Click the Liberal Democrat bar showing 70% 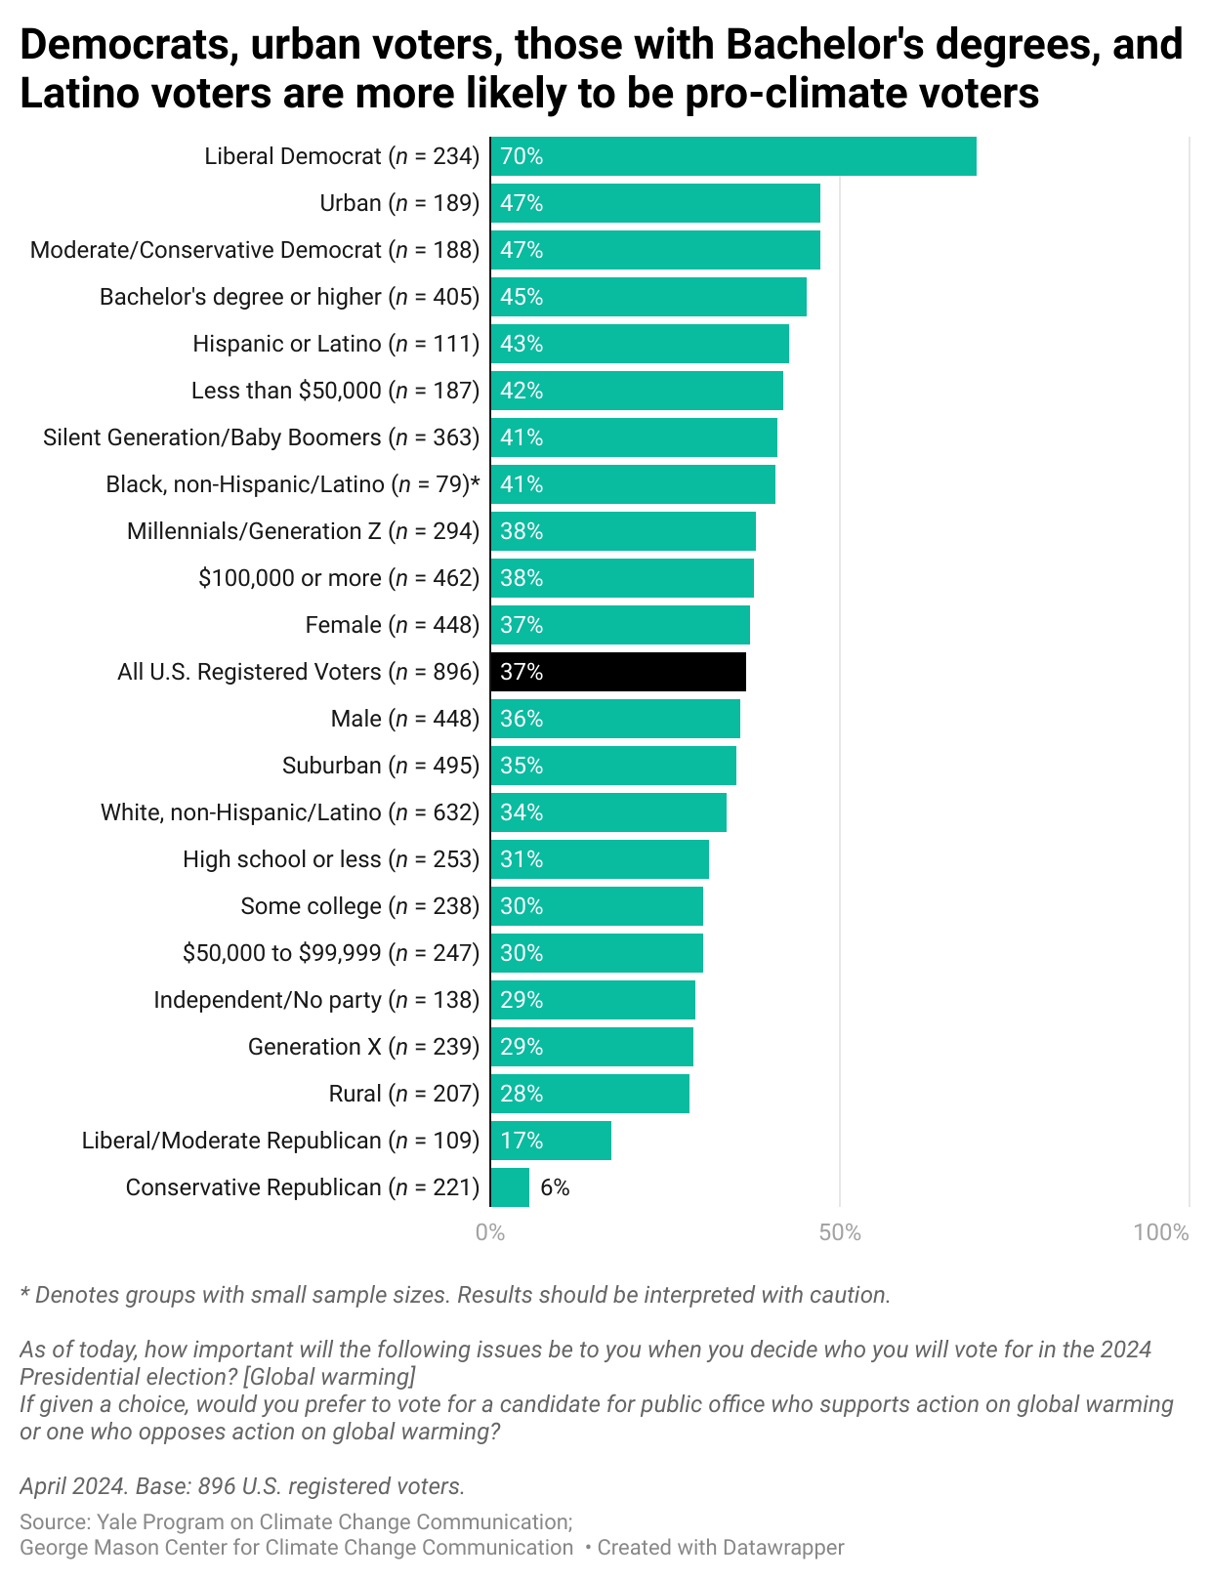[x=732, y=156]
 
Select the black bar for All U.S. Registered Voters [x=617, y=672]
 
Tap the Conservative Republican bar [x=510, y=1187]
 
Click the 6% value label [x=555, y=1187]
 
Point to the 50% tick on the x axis [x=840, y=1232]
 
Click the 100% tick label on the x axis [x=1160, y=1232]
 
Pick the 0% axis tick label [x=490, y=1232]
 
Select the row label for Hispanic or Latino [x=335, y=344]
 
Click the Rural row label [x=403, y=1094]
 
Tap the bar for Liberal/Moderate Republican [x=551, y=1141]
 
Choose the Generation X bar [x=592, y=1047]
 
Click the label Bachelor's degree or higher [x=289, y=297]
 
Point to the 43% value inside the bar [x=522, y=344]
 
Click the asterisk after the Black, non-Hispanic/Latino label [x=476, y=482]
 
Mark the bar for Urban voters [x=654, y=203]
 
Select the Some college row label [x=359, y=906]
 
